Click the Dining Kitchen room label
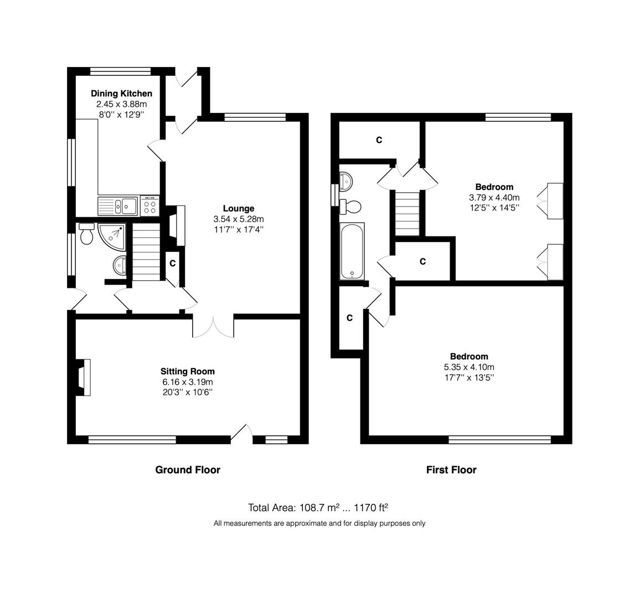121,94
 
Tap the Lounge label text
239,208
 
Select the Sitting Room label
188,372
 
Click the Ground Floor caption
188,470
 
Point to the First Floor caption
451,470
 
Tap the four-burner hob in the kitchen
150,205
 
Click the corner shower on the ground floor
111,236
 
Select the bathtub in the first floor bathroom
352,251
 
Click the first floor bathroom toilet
351,207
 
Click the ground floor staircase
146,252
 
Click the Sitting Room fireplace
83,377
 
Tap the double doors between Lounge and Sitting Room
213,326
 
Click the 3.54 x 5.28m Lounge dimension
239,219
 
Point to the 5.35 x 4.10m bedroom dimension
469,367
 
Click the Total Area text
318,508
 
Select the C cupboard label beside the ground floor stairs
172,264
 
